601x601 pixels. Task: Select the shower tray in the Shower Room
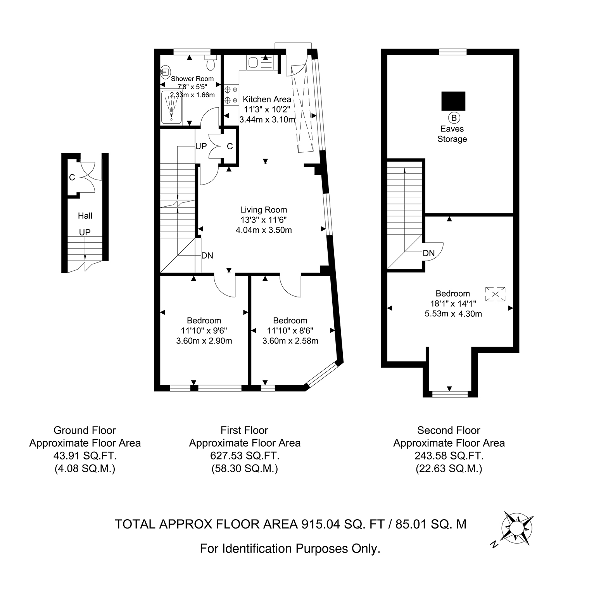[171, 107]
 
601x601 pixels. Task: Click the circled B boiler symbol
[454, 117]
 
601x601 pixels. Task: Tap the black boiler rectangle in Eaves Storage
[453, 102]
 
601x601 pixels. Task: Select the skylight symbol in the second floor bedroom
[495, 294]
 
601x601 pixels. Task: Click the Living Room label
[264, 210]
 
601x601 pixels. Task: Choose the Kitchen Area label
[267, 99]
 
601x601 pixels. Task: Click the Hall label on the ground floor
[85, 216]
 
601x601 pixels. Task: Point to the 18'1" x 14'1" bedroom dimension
[453, 304]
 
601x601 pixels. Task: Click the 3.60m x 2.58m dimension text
[290, 341]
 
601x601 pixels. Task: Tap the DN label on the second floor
[429, 254]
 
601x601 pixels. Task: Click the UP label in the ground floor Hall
[85, 232]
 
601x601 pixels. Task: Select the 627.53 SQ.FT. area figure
[245, 456]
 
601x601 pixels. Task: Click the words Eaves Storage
[452, 134]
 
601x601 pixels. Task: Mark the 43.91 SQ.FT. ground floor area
[85, 456]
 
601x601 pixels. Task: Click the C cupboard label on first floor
[230, 146]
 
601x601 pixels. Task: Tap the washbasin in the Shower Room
[165, 71]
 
